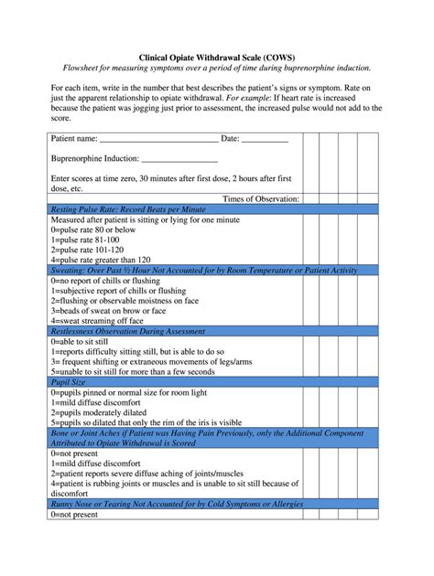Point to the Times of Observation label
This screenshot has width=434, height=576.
point(261,198)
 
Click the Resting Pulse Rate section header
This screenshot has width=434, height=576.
point(128,209)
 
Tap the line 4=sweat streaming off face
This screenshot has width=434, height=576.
point(97,321)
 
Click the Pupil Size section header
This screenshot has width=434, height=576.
point(72,382)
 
